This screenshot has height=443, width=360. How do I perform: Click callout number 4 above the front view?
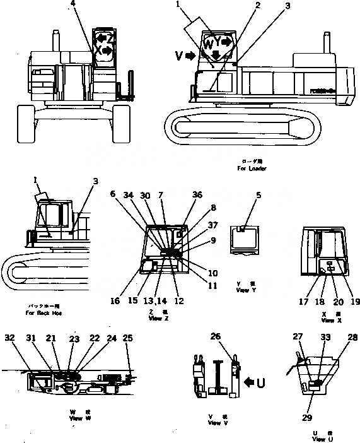[x=74, y=4]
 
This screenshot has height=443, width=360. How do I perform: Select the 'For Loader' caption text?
[x=252, y=168]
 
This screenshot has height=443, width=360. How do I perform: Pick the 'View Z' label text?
[x=155, y=319]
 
